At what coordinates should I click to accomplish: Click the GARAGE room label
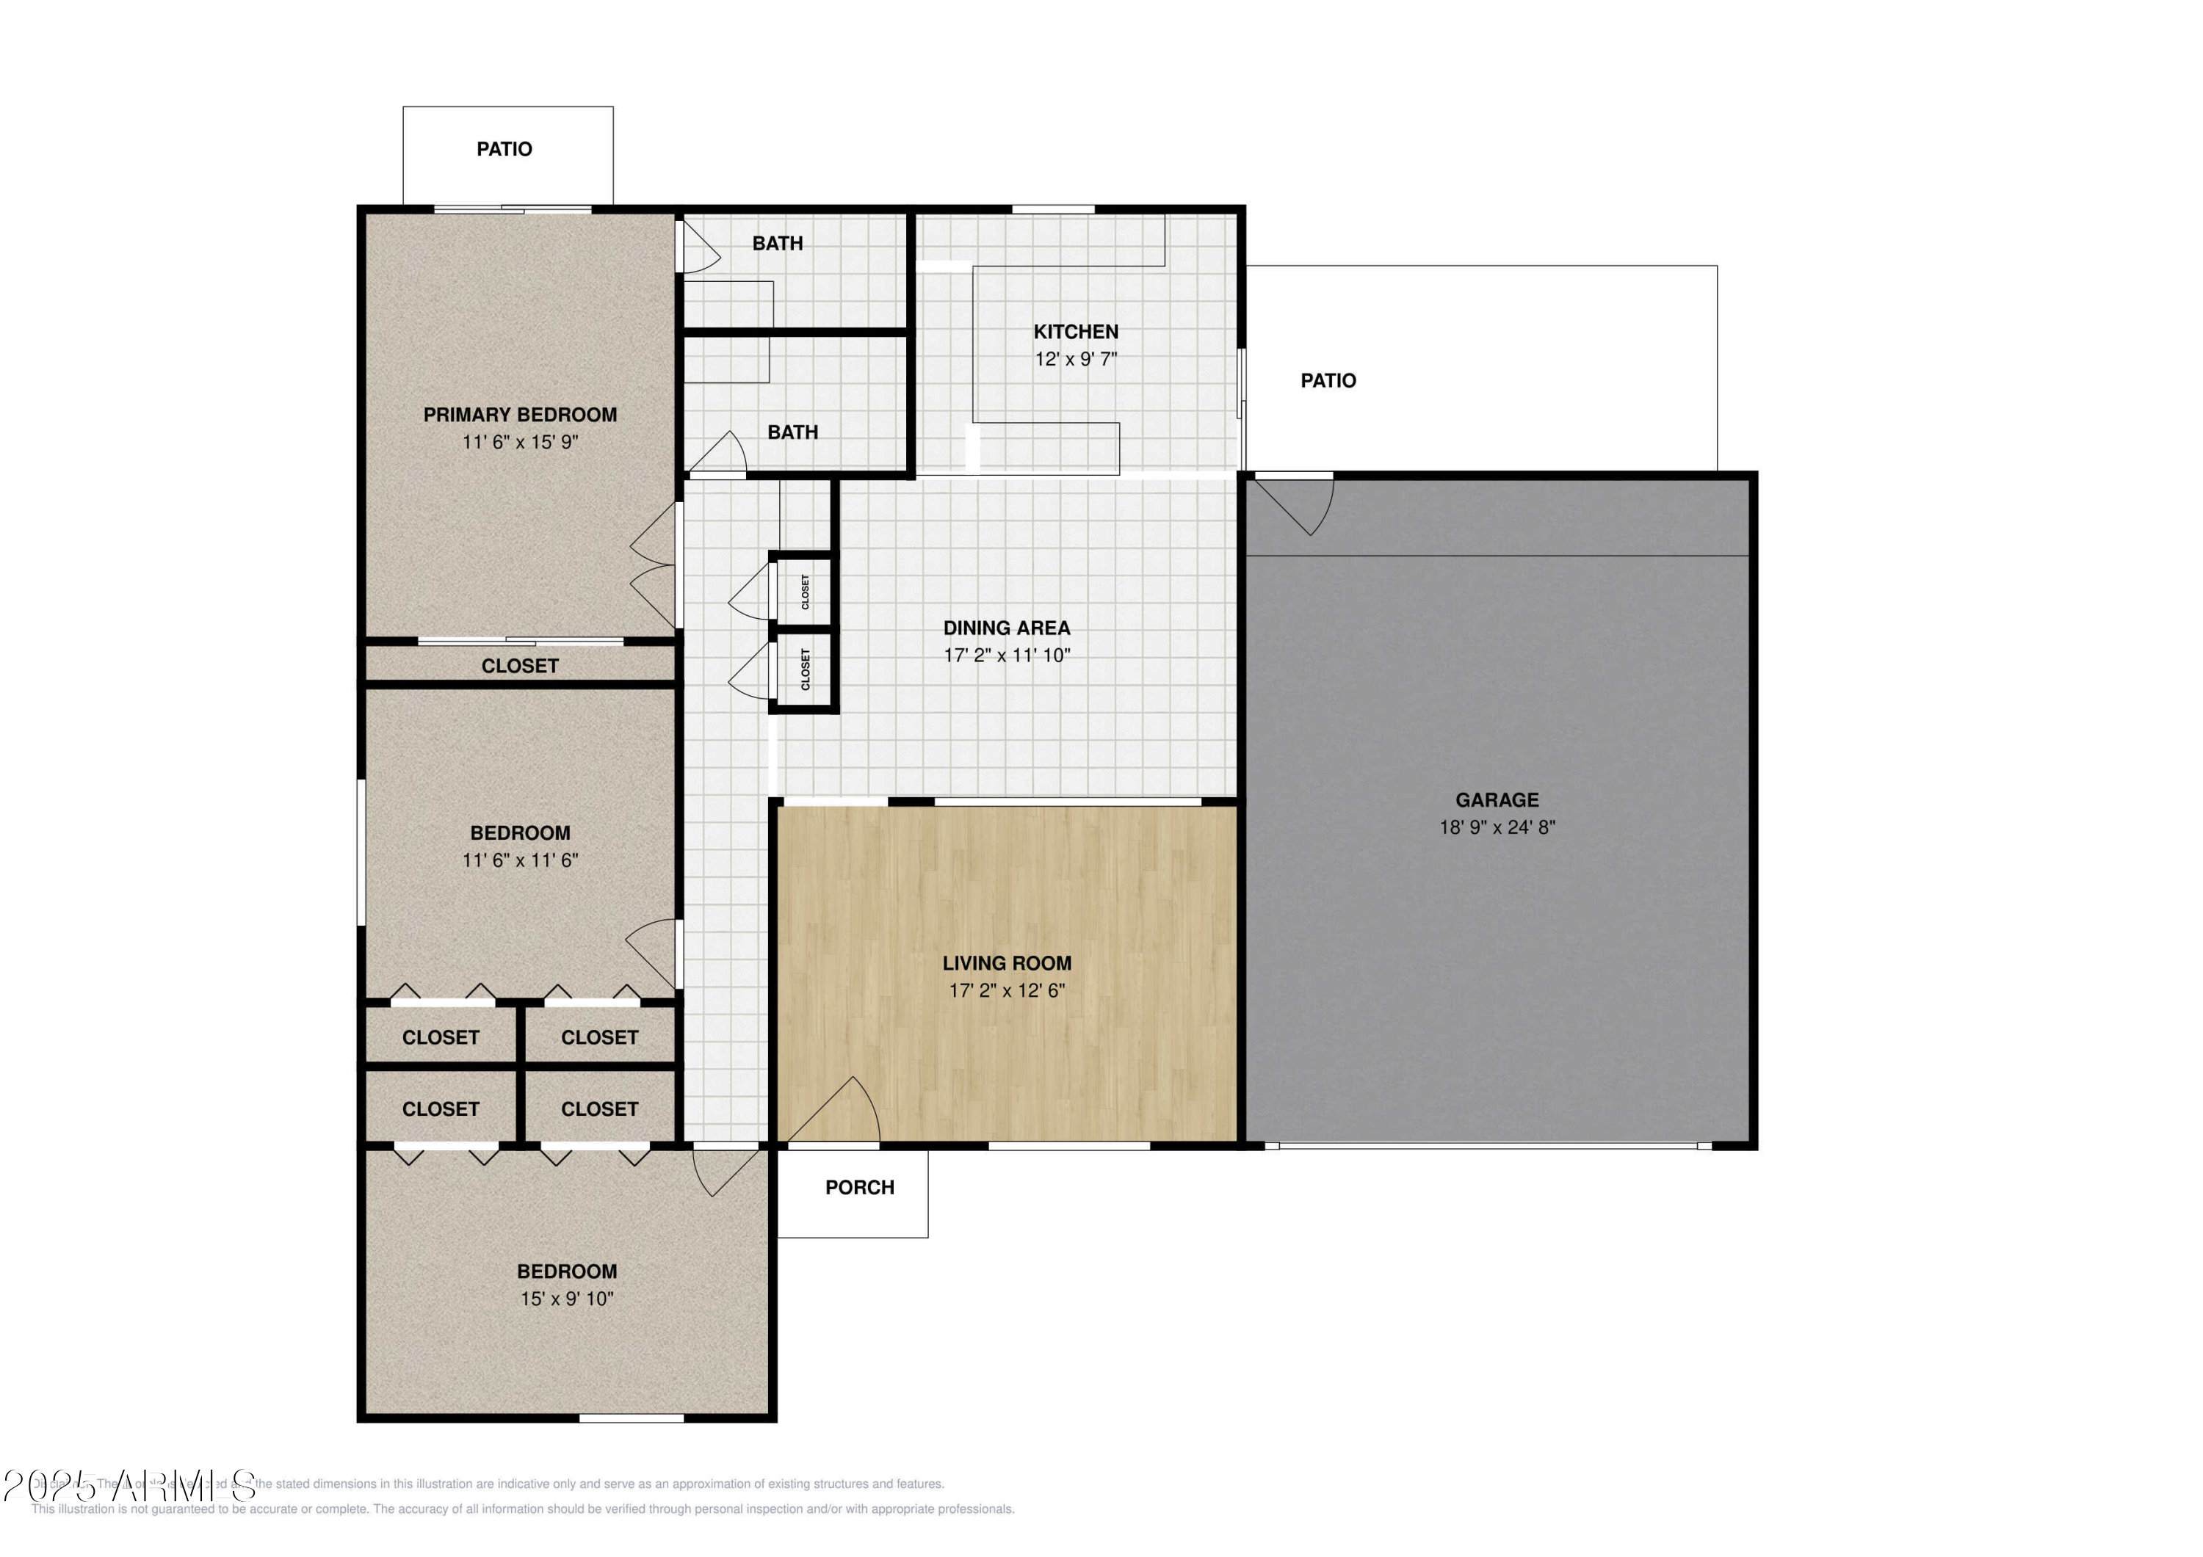click(1496, 799)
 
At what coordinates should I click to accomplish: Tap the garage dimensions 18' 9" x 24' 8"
click(1496, 827)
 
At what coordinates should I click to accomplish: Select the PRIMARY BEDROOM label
click(520, 415)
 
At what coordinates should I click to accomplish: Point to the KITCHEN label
click(1076, 332)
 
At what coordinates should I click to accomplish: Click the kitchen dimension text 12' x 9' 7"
click(1076, 359)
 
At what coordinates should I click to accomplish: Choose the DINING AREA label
click(1007, 628)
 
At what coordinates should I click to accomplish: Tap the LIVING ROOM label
click(1007, 963)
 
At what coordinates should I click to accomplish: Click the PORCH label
click(860, 1188)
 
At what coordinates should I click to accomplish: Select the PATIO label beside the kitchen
click(1328, 381)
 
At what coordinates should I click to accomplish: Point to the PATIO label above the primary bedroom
click(504, 149)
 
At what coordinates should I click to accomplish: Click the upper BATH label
click(777, 244)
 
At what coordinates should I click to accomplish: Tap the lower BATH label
click(792, 432)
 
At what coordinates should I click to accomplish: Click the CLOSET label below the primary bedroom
click(520, 666)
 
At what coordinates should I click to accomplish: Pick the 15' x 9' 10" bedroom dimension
click(566, 1299)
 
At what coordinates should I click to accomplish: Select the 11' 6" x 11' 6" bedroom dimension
click(520, 860)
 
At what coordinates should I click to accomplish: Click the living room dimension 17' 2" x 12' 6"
click(1007, 990)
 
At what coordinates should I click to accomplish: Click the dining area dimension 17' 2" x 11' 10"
click(1007, 656)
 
